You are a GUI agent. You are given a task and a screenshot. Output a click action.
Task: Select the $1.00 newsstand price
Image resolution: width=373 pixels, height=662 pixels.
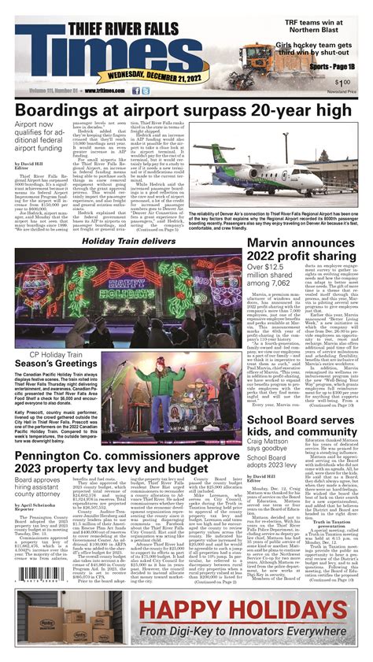point(343,83)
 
